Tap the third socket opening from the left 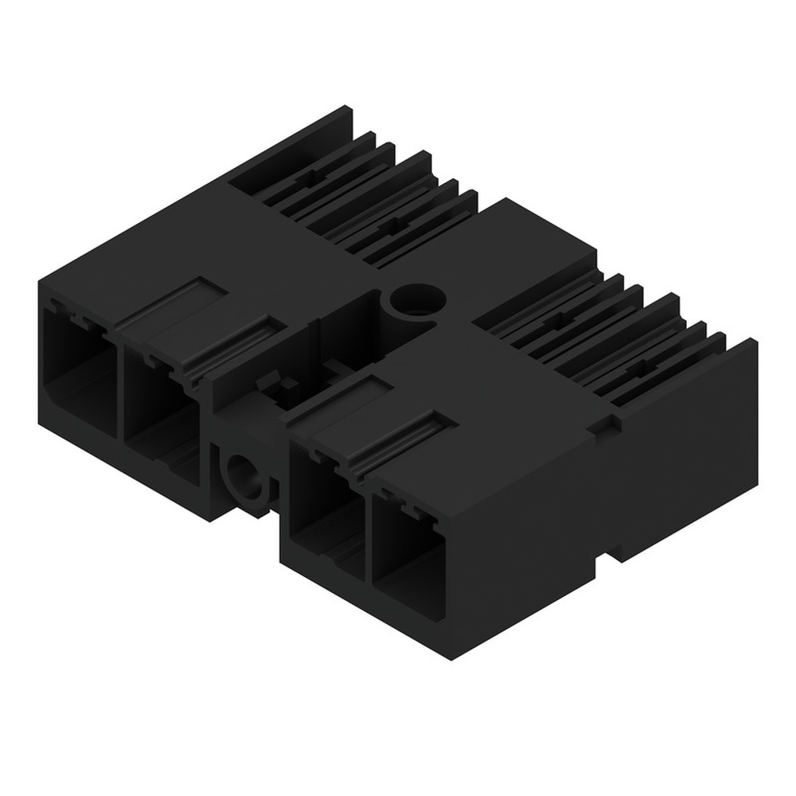coord(322,509)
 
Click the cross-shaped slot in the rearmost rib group coord(306,180)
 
